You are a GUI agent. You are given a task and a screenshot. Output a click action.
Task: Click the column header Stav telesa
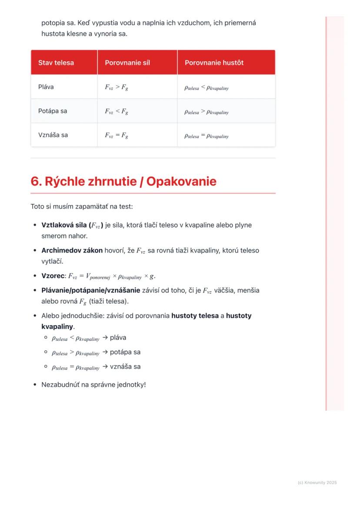pos(56,63)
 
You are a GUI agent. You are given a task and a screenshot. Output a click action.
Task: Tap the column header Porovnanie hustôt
pos(214,63)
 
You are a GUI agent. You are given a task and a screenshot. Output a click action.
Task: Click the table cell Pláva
pos(46,87)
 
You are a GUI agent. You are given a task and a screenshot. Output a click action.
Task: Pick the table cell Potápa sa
pos(53,111)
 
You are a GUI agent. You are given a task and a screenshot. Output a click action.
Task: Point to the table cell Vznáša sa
pos(53,135)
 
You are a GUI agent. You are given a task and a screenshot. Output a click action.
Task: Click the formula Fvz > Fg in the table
pos(116,87)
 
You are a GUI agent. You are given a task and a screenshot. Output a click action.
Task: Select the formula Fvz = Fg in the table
pos(116,135)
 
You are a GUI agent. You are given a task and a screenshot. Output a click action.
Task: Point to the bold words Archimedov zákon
pos(72,250)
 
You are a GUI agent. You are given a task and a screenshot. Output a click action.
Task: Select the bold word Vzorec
pos(53,276)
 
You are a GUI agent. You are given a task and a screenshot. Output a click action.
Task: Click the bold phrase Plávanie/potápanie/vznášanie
pos(90,290)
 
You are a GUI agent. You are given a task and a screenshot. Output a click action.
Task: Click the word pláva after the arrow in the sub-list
pos(118,338)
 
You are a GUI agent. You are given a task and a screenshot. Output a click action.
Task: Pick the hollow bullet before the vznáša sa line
pos(46,366)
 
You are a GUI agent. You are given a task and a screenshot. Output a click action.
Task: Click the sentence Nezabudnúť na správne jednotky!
pos(93,385)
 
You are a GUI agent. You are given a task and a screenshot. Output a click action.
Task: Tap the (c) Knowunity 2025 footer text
pos(317,482)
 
